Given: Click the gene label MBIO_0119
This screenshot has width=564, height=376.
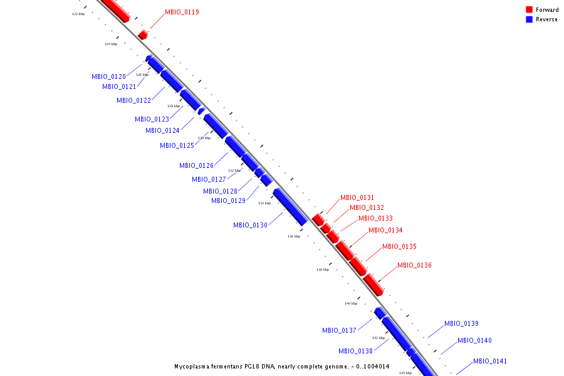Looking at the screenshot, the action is click(x=182, y=12).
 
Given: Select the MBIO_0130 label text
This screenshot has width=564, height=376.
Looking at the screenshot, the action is click(x=250, y=225).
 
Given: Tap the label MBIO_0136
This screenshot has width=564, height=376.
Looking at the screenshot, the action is click(x=414, y=265).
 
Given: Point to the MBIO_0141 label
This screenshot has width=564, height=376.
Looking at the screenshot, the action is click(x=490, y=361).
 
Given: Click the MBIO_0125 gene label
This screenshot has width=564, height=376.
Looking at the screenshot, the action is click(x=177, y=145).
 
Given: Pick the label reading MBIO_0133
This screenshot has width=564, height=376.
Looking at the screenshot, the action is click(x=375, y=218).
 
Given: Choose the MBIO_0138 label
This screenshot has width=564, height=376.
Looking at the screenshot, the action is click(x=355, y=351).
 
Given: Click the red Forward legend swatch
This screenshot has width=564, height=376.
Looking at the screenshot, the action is click(x=529, y=9).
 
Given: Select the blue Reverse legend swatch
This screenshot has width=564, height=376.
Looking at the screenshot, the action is click(x=529, y=19).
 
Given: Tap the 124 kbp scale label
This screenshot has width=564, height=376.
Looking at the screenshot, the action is click(x=111, y=44).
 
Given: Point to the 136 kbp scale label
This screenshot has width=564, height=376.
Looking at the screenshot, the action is click(x=294, y=236).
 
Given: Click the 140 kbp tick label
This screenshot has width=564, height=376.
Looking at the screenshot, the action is click(x=351, y=303).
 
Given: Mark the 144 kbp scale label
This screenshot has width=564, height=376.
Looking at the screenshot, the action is click(x=405, y=373).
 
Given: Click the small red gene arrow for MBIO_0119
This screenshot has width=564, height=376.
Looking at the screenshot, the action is click(x=143, y=34).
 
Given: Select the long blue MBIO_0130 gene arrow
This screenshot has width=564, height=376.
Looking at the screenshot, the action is click(x=290, y=207).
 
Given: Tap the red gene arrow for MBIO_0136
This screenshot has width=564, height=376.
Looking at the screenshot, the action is click(x=373, y=285).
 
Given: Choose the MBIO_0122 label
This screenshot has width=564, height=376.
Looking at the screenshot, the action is click(x=133, y=100).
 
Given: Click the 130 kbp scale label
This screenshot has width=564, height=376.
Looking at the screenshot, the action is click(x=204, y=138).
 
